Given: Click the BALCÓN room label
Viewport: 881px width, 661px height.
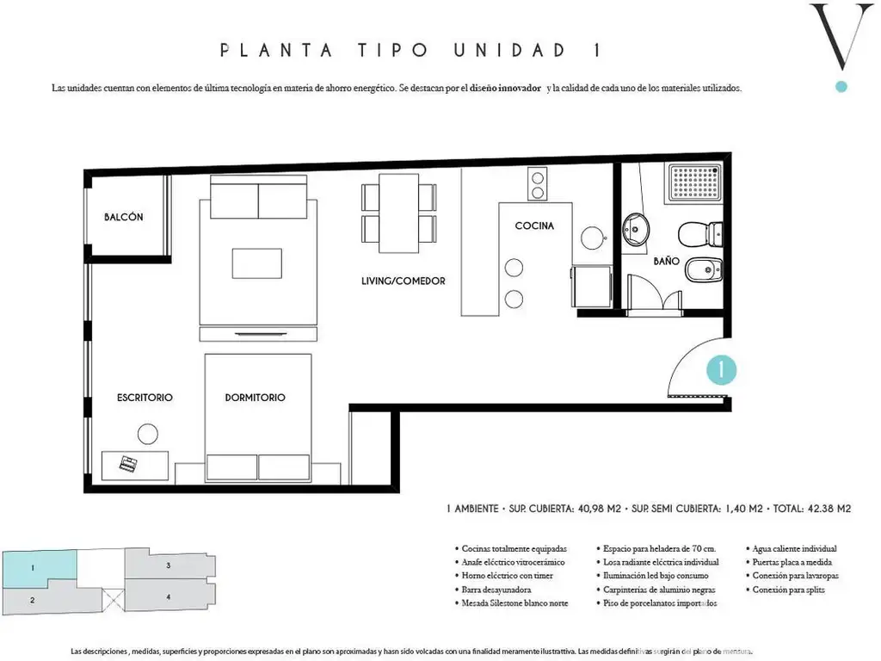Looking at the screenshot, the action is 124,217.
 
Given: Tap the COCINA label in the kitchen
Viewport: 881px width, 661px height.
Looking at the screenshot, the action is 534,226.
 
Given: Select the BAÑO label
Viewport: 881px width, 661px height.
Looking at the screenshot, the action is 667,261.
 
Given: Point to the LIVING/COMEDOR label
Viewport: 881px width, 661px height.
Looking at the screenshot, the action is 404,281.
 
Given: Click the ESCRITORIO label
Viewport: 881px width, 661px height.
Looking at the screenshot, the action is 145,398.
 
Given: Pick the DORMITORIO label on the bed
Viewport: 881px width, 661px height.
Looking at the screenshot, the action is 255,398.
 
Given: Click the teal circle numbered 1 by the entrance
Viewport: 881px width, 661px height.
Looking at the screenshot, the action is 721,370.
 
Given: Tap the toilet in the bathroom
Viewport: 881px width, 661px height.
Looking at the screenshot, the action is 700,234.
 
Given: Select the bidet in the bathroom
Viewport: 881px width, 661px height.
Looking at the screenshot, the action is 704,270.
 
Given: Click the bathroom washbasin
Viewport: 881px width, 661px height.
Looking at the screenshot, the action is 636,229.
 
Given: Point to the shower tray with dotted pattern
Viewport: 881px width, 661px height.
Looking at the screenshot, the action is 694,183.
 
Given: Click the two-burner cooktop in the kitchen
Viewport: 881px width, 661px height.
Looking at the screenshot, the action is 537,184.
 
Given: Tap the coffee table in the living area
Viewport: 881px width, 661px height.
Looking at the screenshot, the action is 257,263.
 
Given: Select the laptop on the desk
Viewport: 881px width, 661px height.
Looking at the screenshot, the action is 128,464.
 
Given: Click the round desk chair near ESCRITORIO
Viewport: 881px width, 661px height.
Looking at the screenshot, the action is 148,434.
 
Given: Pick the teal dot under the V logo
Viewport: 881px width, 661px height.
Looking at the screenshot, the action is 841,87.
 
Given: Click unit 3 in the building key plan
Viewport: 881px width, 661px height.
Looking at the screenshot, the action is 169,565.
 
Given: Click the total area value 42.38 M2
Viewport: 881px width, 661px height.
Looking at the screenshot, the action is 829,509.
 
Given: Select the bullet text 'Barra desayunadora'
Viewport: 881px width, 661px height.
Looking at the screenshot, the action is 496,590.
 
